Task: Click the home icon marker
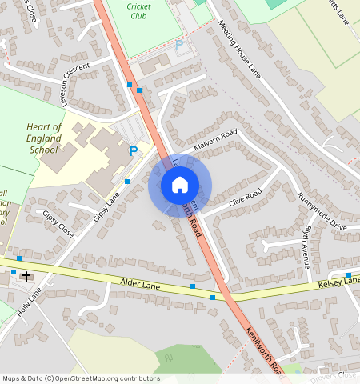(180, 185)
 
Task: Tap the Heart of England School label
(44, 138)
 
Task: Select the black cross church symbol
(26, 277)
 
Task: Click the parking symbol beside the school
(134, 150)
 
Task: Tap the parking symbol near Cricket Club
(178, 46)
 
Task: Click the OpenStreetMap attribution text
(80, 378)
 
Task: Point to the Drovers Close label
(335, 374)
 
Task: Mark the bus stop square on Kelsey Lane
(349, 276)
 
